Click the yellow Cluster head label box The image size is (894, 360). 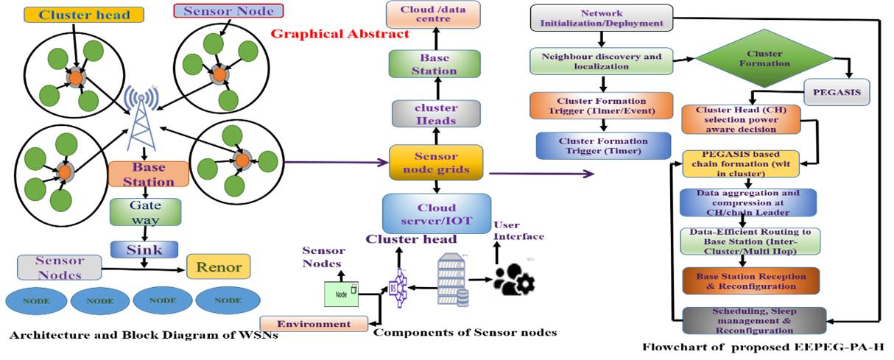point(83,15)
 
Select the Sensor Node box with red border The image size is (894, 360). point(228,11)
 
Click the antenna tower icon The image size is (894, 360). point(141,118)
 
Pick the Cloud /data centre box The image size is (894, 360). point(434,14)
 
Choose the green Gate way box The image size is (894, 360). point(145,212)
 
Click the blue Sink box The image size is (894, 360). point(144,250)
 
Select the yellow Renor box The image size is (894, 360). point(218,267)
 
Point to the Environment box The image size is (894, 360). point(314,324)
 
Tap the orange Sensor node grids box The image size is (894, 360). point(436,163)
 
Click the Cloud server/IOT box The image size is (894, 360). point(437,213)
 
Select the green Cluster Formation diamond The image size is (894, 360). point(764,59)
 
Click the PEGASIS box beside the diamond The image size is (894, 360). point(837,93)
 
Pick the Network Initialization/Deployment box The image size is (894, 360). point(602,18)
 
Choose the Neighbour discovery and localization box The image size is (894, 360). point(602,61)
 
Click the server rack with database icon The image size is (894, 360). point(452,280)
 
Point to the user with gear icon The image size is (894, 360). point(514,279)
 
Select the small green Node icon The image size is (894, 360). point(342,294)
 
